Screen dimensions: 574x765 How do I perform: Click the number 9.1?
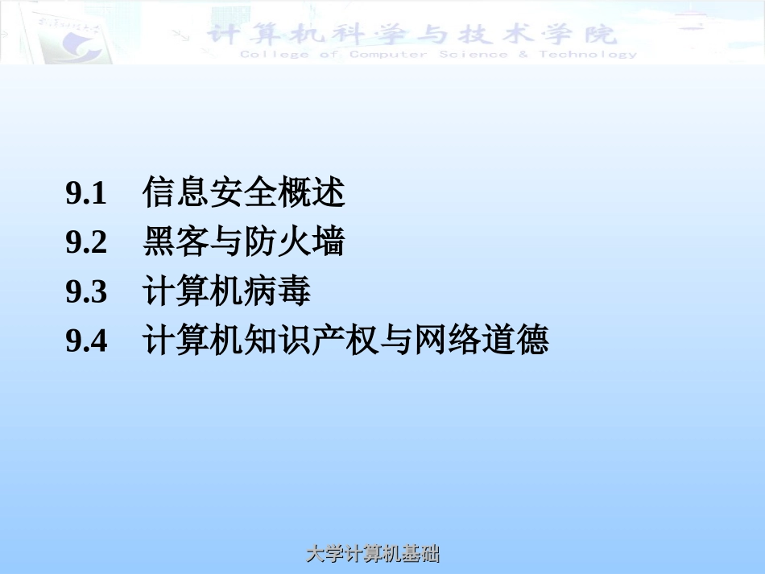[86, 194]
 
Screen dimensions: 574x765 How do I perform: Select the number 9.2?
[86, 243]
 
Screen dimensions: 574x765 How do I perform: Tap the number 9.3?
[86, 292]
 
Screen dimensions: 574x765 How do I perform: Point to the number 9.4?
[86, 341]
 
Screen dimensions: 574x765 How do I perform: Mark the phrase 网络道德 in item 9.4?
[482, 341]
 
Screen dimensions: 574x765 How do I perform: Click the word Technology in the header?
[588, 55]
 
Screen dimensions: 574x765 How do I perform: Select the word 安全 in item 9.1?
[244, 193]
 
